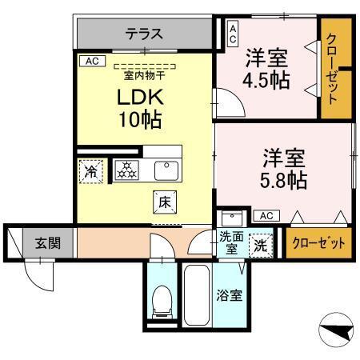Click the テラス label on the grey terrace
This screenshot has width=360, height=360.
pos(144,34)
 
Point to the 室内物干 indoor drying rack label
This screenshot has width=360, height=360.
pos(144,76)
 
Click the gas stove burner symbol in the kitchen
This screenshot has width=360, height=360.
pos(126,170)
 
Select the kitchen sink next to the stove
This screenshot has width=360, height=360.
pos(166,170)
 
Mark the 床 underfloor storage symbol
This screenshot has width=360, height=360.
pos(163,204)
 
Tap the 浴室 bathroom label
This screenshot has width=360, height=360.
pos(230,295)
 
